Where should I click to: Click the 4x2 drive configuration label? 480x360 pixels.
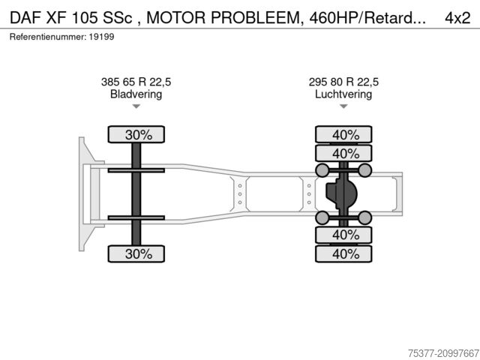point(458,16)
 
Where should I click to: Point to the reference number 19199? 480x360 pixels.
point(103,37)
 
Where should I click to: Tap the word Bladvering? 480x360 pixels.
point(136,94)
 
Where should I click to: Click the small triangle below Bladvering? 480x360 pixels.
point(136,106)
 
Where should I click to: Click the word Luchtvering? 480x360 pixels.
point(343,94)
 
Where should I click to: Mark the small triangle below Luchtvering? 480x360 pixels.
point(343,106)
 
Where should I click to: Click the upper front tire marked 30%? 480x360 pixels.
point(137,135)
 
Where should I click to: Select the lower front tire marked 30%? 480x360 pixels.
point(137,253)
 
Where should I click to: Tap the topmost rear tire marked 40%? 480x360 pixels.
point(345,135)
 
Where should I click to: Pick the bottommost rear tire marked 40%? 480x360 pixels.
point(345,253)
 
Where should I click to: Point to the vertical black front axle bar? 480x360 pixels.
point(136,193)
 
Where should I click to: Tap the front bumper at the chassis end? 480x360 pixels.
point(84,193)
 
